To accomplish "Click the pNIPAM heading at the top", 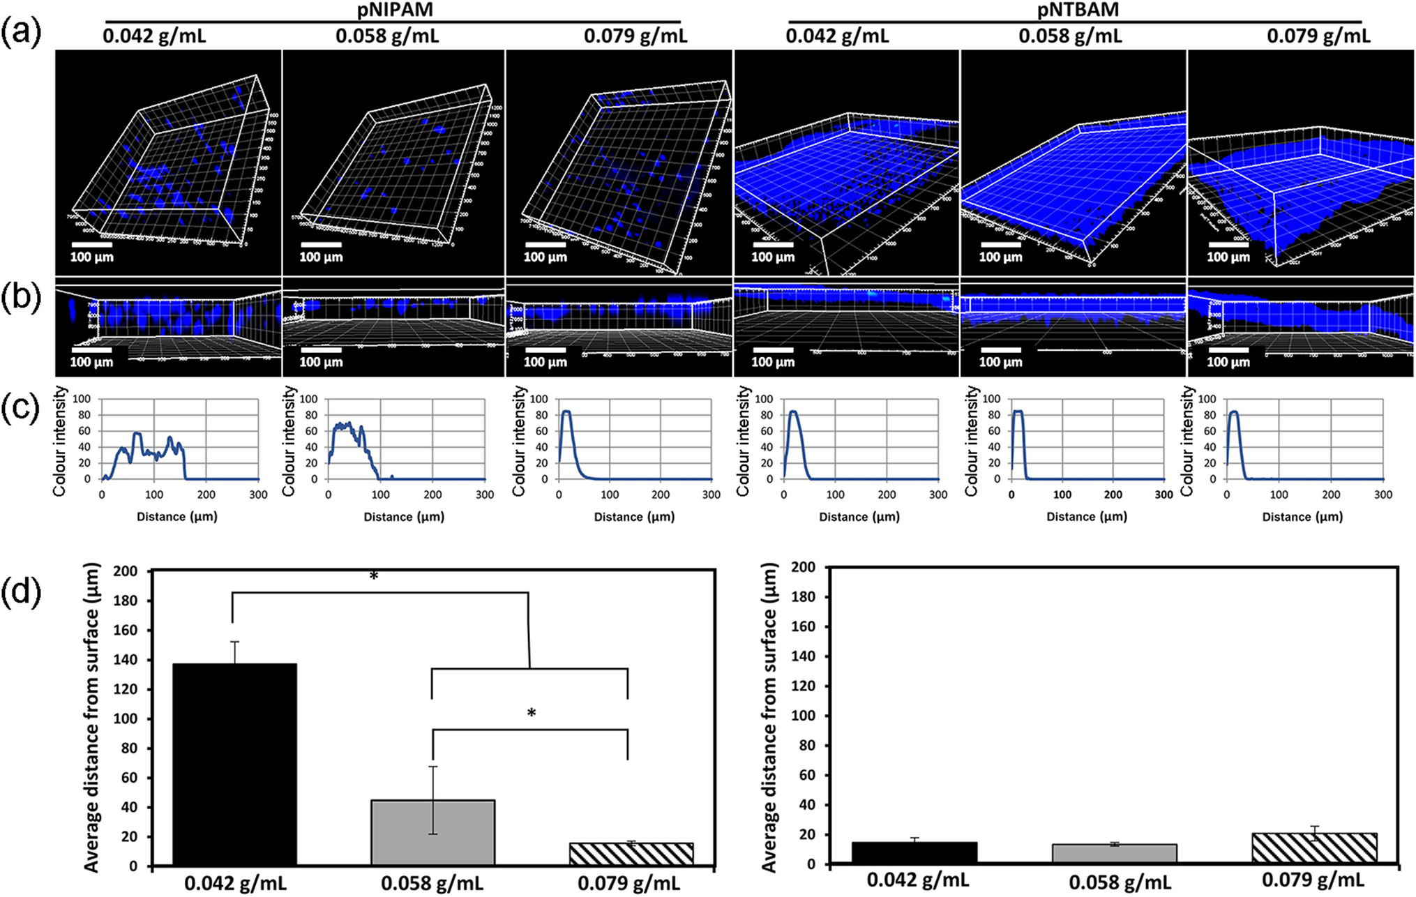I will (x=395, y=9).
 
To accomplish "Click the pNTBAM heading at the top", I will (x=1077, y=9).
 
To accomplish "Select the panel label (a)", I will (x=21, y=32).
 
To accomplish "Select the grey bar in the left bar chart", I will (x=432, y=833).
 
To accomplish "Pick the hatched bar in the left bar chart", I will (x=631, y=854).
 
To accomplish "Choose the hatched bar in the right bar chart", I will (x=1314, y=848).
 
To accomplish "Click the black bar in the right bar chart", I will (x=914, y=853).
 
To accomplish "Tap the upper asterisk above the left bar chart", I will (x=374, y=576).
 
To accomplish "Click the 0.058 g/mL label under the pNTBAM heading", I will (x=1070, y=36).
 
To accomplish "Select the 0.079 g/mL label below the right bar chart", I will (x=1313, y=881).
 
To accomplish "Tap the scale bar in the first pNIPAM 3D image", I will (x=91, y=245).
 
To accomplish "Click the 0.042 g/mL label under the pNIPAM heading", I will (x=154, y=36).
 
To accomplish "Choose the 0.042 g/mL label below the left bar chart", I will (x=235, y=884).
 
